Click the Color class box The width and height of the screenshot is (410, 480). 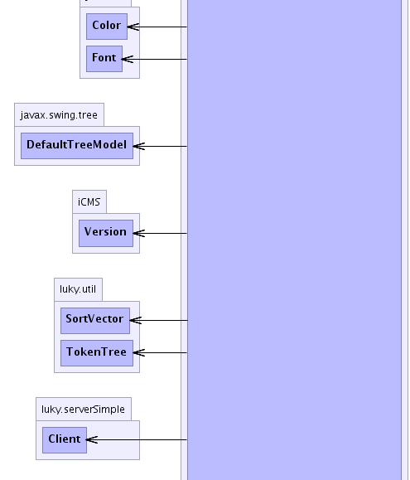pos(107,27)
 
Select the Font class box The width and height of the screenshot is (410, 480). pos(104,59)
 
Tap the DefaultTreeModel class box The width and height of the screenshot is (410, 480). pos(77,146)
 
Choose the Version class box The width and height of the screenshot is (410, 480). pos(106,233)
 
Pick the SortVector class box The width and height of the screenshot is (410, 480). pos(95,321)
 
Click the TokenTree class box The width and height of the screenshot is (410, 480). pos(97,353)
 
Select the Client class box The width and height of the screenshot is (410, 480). pos(65,440)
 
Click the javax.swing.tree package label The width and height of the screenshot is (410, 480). pos(59,115)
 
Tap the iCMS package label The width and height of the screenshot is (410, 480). pos(89,202)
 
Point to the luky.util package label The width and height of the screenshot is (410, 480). pos(78,289)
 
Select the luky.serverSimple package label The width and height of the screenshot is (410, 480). pos(83,409)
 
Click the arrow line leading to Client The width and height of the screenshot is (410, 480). pos(137,440)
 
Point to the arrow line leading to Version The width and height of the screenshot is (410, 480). pos(160,233)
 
